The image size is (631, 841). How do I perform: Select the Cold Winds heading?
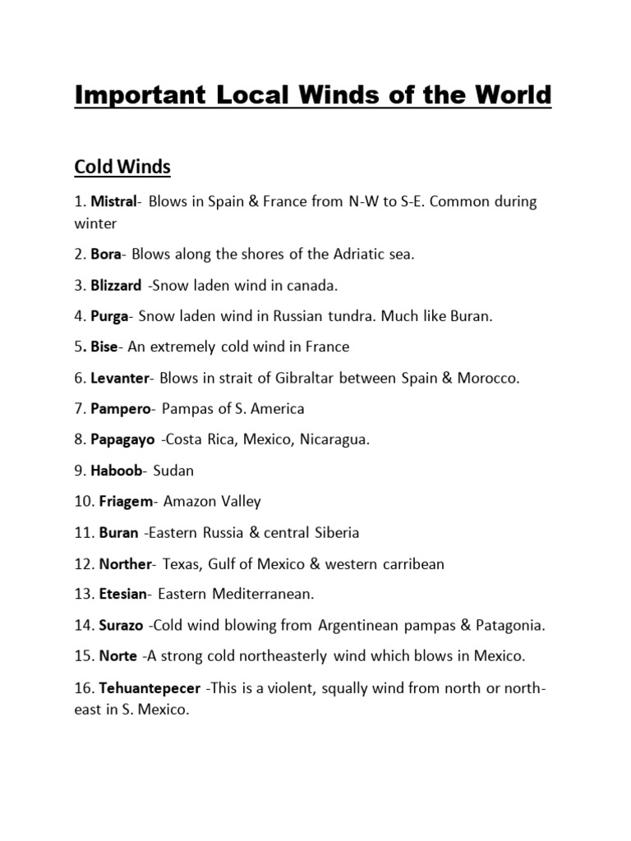point(122,167)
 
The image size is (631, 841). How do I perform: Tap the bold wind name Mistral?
point(113,202)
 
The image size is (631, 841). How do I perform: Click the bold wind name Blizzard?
point(118,285)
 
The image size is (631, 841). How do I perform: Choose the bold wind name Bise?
point(104,347)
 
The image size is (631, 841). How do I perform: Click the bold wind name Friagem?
point(125,501)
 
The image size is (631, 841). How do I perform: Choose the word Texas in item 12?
point(182,564)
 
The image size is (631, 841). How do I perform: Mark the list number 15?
point(83,656)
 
